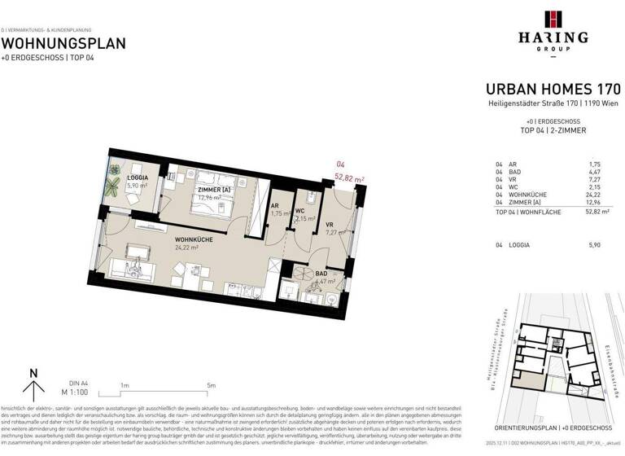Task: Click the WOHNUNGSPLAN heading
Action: tap(63, 43)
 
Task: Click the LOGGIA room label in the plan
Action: tap(138, 177)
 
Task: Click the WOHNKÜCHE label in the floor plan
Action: tap(193, 239)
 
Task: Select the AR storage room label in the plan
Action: tap(275, 206)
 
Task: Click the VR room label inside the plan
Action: tap(330, 224)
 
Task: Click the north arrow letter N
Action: tap(33, 374)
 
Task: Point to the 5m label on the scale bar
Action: tap(212, 385)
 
